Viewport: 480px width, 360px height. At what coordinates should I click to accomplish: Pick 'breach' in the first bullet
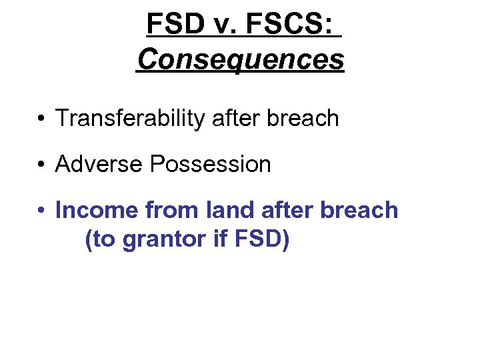coord(305,118)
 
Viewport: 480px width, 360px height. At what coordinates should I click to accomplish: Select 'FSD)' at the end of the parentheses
coord(262,239)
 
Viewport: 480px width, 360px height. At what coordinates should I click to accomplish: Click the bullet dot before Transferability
coord(41,119)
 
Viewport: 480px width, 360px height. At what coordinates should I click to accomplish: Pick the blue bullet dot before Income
coord(41,211)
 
